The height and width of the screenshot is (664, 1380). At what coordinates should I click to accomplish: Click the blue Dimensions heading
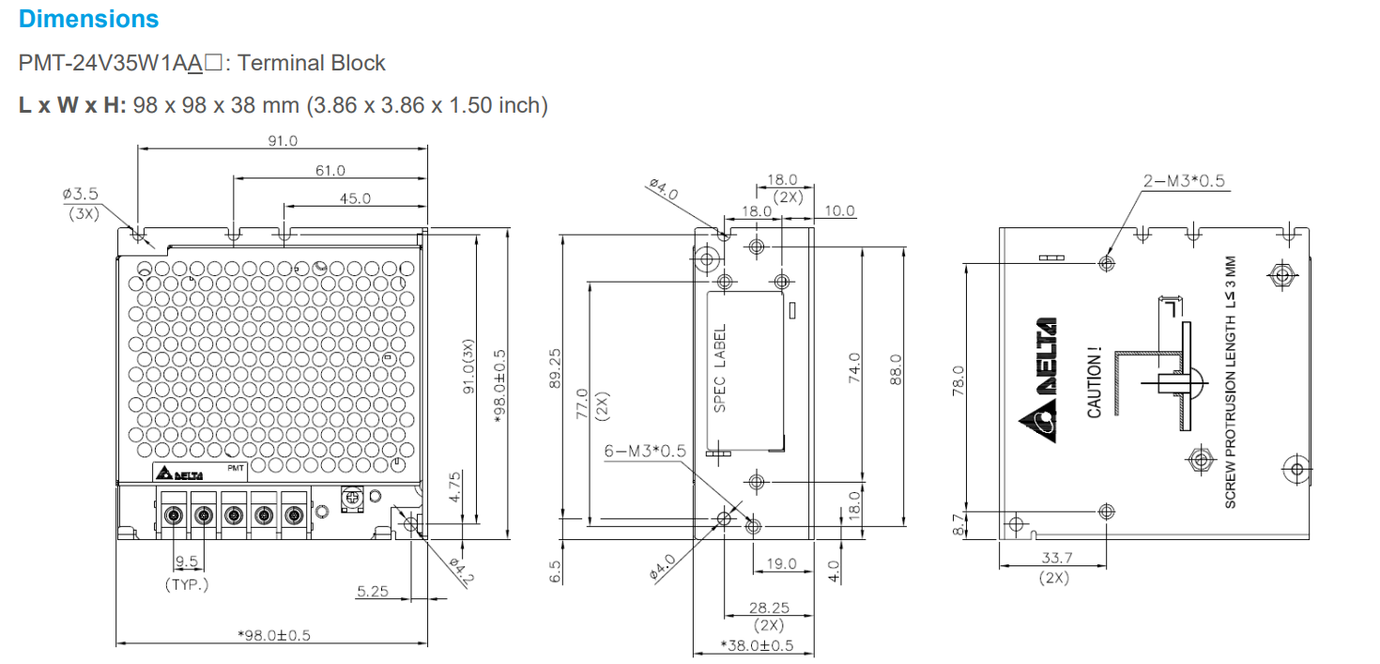click(88, 19)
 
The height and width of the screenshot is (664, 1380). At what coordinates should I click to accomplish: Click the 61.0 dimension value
click(330, 170)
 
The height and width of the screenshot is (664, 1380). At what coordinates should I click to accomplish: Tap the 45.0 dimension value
click(355, 198)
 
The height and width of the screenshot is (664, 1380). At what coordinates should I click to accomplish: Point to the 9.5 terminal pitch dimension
click(187, 563)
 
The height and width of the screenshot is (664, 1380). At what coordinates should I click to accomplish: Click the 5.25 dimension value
click(373, 591)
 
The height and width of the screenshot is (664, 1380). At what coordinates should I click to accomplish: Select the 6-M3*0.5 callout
click(644, 451)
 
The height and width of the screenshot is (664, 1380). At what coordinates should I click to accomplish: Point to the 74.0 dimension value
click(853, 368)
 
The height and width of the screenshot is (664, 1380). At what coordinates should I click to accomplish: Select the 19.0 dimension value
click(781, 564)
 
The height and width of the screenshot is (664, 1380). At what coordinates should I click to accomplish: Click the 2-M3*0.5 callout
click(1184, 181)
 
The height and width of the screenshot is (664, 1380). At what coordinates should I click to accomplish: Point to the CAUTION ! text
click(1094, 383)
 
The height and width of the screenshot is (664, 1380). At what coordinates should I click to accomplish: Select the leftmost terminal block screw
click(174, 515)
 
